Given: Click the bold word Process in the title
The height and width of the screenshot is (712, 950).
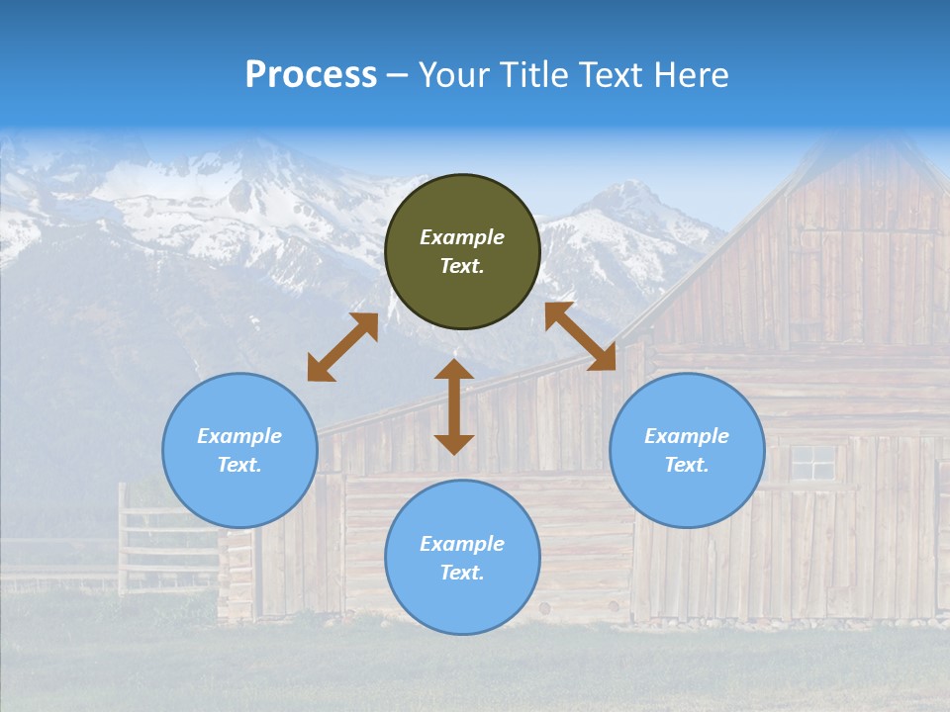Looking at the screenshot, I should [311, 75].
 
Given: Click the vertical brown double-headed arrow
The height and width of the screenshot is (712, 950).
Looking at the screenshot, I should [454, 407].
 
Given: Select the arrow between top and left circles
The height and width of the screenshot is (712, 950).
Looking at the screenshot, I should [342, 347].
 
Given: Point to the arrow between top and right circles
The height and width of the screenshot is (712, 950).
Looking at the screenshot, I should [580, 336].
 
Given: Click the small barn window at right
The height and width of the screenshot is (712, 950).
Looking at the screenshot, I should [812, 462].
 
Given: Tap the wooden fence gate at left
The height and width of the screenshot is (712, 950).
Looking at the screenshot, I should [158, 539].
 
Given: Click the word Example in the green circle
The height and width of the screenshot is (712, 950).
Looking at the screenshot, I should [462, 237].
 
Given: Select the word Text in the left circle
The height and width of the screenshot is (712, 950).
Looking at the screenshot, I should [239, 465].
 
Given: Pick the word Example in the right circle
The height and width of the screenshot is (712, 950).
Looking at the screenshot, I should [687, 436].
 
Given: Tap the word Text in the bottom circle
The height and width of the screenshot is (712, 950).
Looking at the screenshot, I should [462, 573].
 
